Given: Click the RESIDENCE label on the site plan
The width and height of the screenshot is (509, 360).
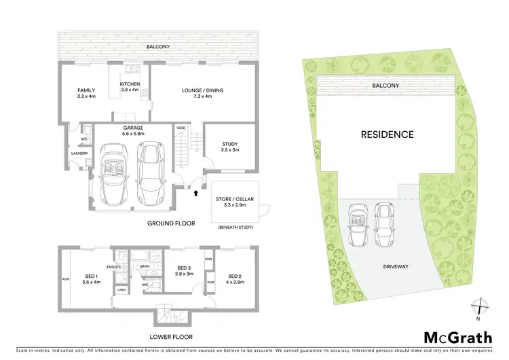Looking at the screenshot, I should pyautogui.click(x=387, y=134).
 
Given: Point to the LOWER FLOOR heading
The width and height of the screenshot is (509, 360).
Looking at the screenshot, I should pyautogui.click(x=170, y=337).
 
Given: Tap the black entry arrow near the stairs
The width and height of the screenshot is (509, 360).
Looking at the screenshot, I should pyautogui.click(x=197, y=193).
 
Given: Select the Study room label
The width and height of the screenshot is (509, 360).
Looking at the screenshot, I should pyautogui.click(x=229, y=147).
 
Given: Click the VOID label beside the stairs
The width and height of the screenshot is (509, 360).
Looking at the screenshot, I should pyautogui.click(x=181, y=128).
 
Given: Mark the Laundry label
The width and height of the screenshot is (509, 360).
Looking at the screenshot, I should pyautogui.click(x=79, y=154).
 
